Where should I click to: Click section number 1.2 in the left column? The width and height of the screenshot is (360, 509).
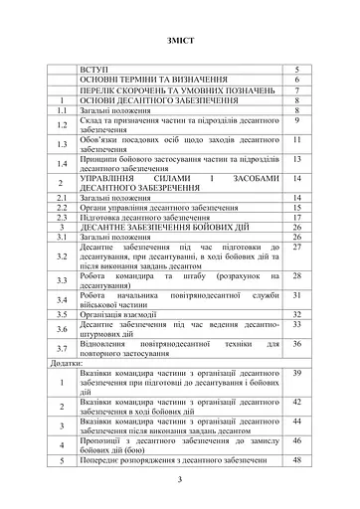62,125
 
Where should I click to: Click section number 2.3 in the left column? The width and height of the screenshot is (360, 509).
62,216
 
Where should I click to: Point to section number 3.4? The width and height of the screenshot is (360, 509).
62,297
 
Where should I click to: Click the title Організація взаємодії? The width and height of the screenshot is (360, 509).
121,313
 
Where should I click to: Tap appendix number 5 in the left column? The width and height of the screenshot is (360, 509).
62,460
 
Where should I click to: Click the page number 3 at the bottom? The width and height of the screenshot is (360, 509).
181,480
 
